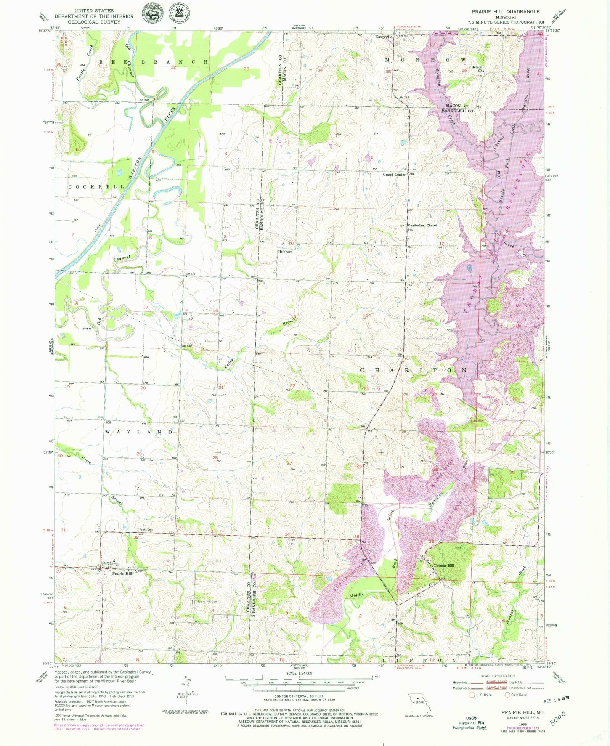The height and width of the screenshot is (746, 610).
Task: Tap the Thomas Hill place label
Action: pos(443,566)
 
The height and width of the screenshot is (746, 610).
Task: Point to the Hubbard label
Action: pos(285,252)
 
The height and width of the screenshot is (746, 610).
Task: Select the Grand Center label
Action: pos(394,174)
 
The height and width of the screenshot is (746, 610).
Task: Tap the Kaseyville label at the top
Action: pos(384,37)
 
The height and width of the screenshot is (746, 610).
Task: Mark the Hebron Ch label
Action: pos(477,69)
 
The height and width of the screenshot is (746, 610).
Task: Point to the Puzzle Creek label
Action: pos(84,63)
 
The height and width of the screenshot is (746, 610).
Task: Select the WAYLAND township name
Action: pos(139,432)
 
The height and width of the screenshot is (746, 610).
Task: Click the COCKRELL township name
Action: pos(96,187)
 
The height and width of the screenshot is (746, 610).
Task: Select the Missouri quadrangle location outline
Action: pos(419,704)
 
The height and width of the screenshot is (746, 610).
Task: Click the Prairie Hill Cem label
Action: pos(207,602)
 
